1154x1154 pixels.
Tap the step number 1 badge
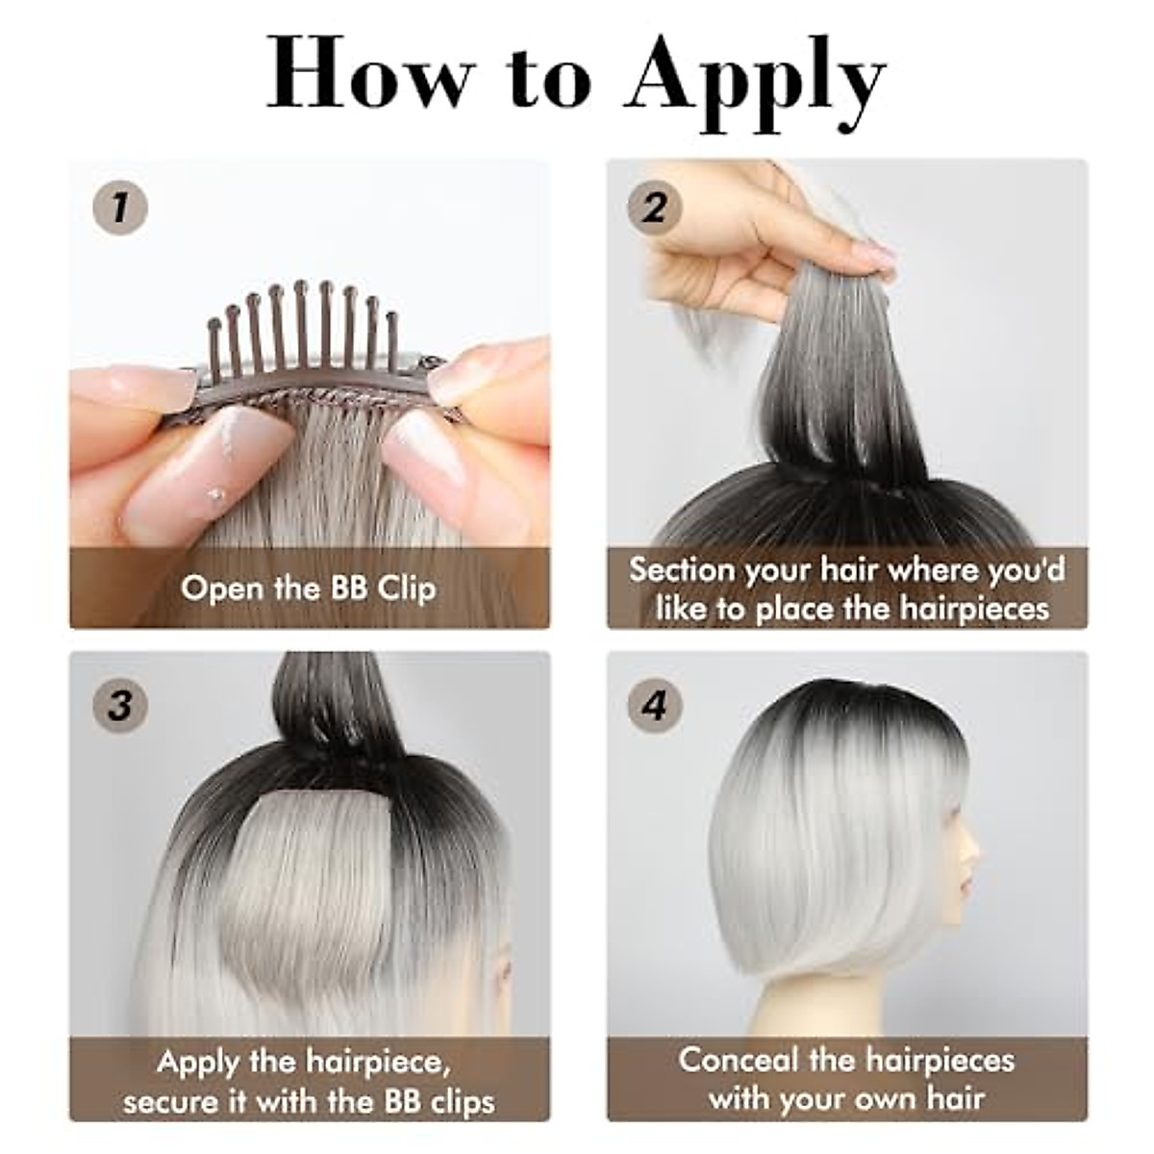[120, 207]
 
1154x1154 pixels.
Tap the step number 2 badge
[655, 207]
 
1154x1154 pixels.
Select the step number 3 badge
[120, 707]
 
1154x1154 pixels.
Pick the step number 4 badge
[655, 707]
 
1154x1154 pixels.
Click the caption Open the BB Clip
[309, 588]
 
